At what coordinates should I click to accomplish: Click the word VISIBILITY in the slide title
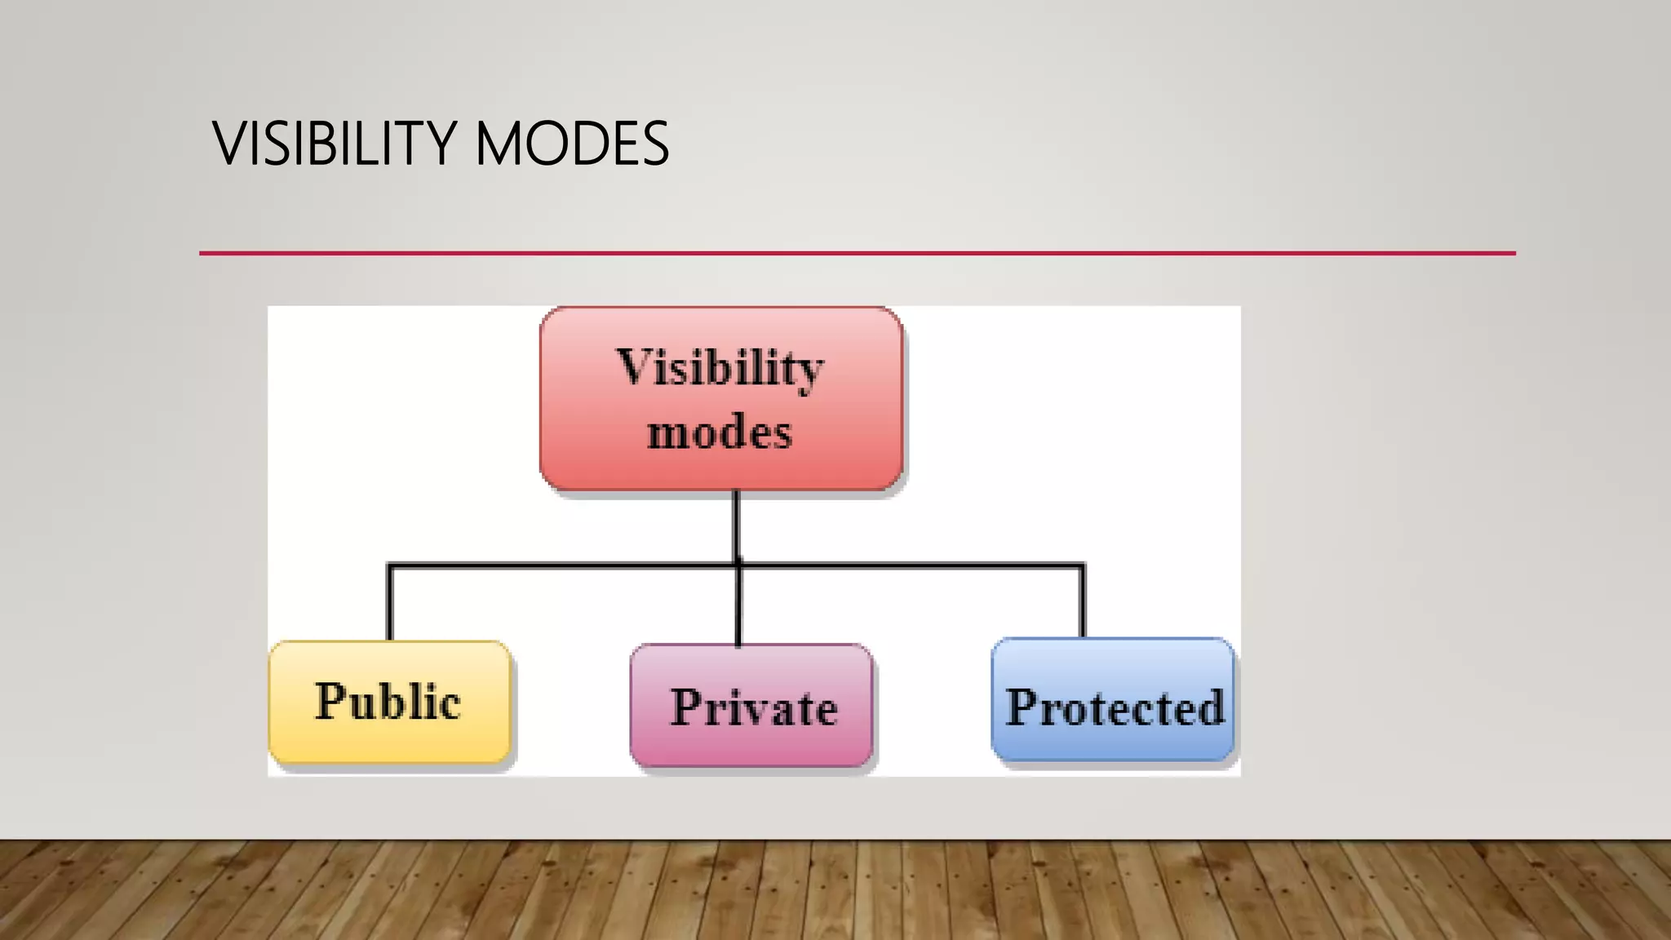pyautogui.click(x=333, y=144)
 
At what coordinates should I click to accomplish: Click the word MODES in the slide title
pyautogui.click(x=571, y=144)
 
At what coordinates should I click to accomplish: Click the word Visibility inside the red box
pyautogui.click(x=720, y=368)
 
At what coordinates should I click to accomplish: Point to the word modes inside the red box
pyautogui.click(x=720, y=432)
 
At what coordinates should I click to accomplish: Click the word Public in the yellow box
pyautogui.click(x=388, y=702)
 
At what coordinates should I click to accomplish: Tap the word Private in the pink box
pyautogui.click(x=754, y=707)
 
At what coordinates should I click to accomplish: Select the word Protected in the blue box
pyautogui.click(x=1115, y=707)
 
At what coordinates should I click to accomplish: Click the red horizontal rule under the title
pyautogui.click(x=857, y=254)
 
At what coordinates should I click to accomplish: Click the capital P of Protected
pyautogui.click(x=1022, y=707)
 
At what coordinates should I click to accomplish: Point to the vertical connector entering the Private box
pyautogui.click(x=738, y=608)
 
